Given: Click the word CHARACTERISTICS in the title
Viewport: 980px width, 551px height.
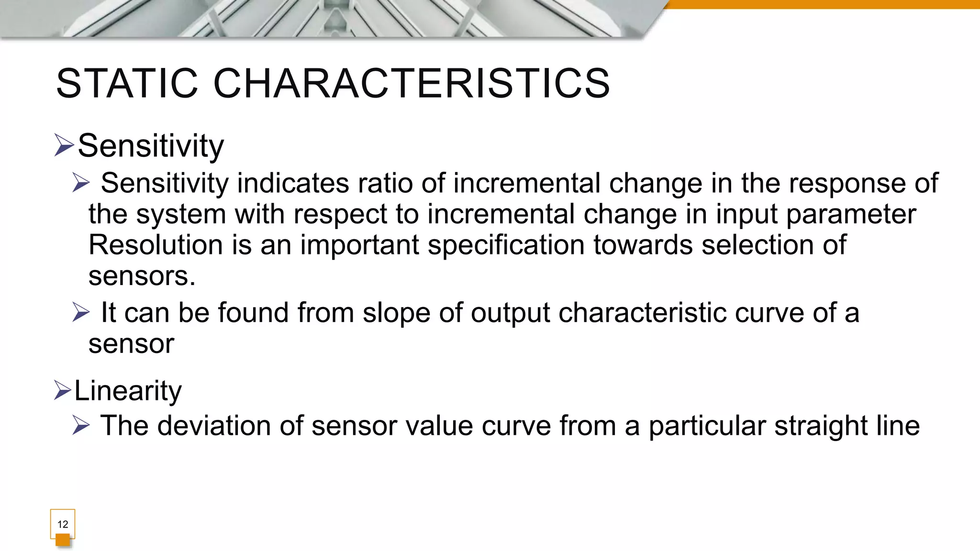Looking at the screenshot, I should tap(412, 84).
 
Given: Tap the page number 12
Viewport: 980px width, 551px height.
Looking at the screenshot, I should tap(63, 524).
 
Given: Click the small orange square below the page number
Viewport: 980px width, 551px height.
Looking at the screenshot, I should tap(63, 540).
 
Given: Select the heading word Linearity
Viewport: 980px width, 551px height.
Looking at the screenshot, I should tap(128, 391).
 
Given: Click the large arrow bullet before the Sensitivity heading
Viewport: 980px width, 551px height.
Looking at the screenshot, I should tap(64, 145).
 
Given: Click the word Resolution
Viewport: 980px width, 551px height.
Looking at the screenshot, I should tap(156, 245).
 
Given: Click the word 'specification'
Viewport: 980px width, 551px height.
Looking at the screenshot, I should tap(506, 246).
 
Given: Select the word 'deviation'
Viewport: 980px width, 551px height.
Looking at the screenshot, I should tap(214, 426).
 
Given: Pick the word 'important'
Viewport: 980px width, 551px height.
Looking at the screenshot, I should tap(359, 246).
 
